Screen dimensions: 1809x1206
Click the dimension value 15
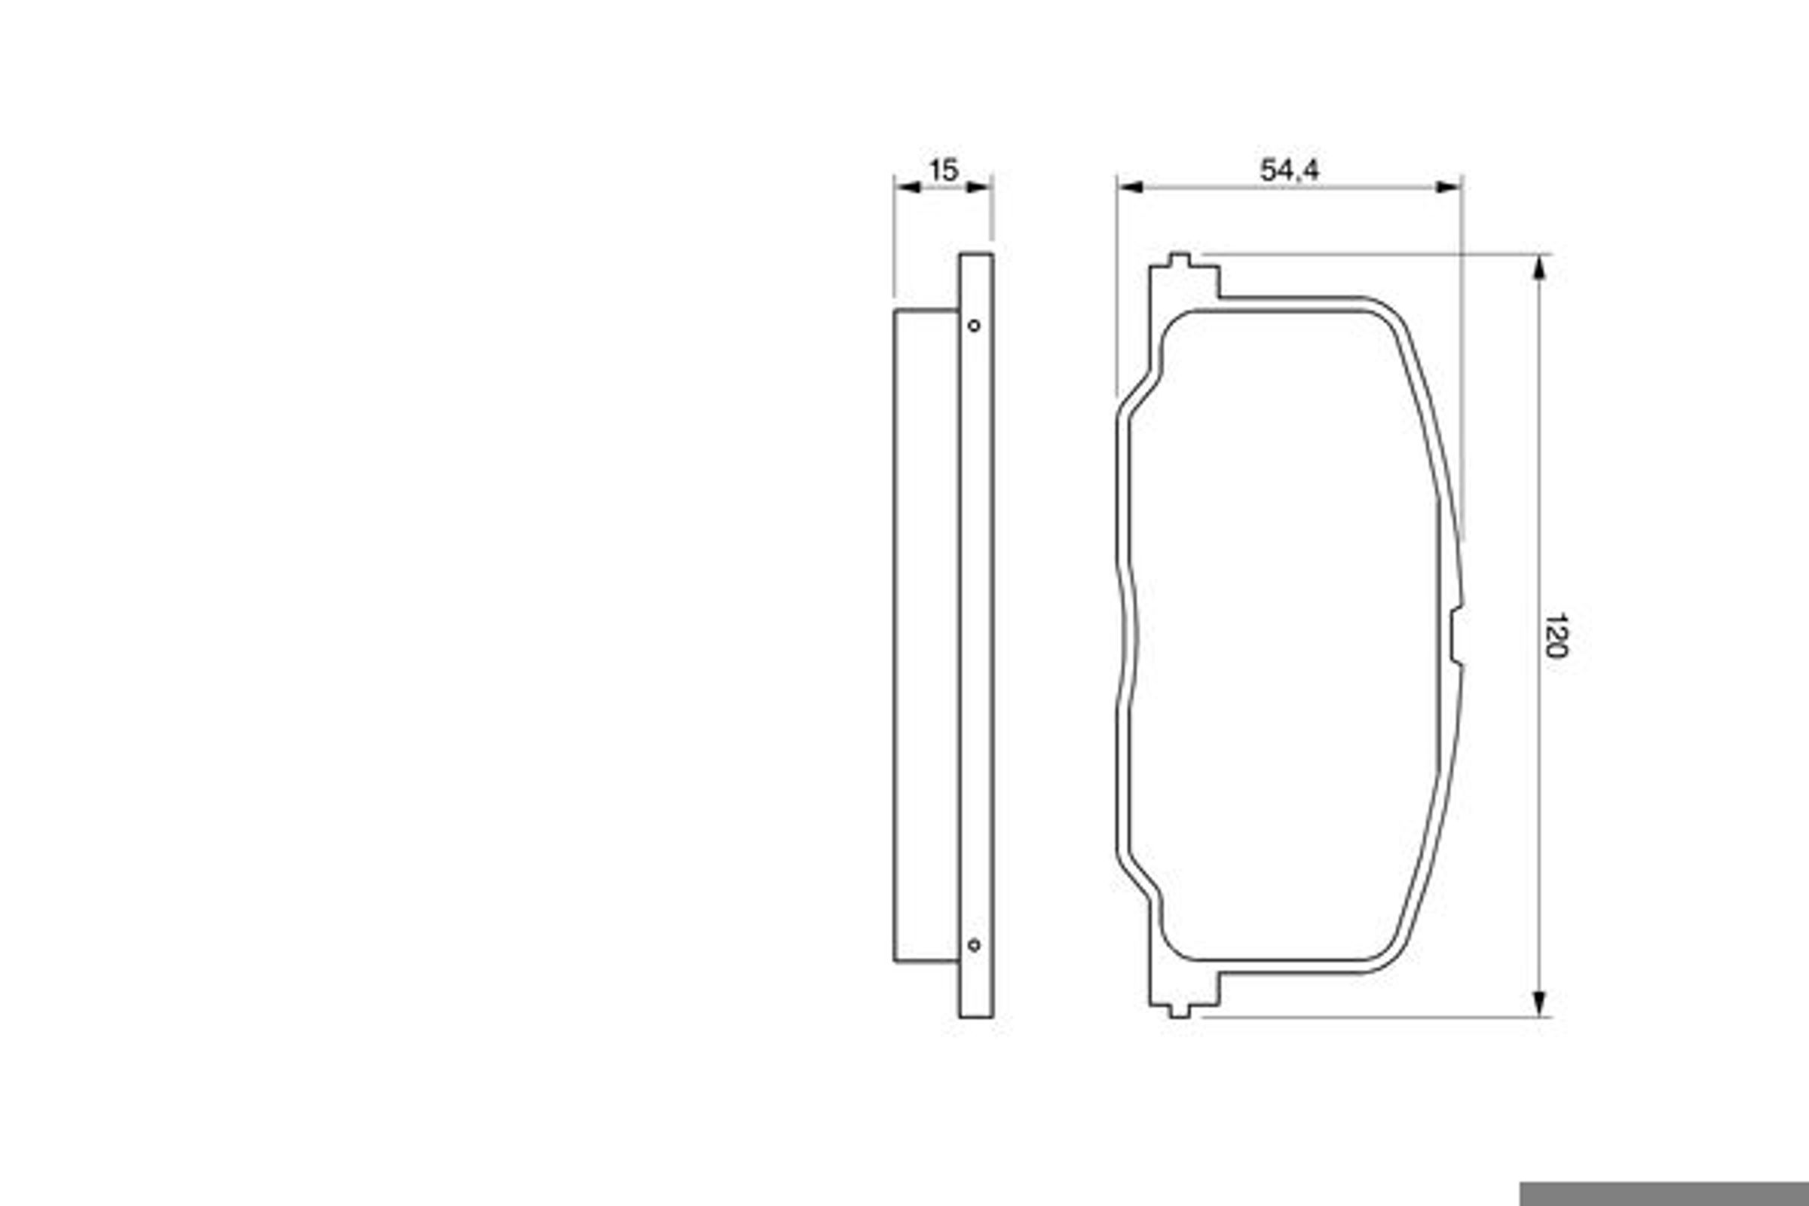point(944,170)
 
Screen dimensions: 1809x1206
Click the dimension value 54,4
point(1289,170)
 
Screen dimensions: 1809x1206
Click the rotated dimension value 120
point(1555,636)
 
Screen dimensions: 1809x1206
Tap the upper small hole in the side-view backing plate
point(974,326)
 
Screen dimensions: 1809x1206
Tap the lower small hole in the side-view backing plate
point(974,944)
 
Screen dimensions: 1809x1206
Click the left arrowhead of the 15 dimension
point(908,187)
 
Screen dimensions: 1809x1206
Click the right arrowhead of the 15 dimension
point(978,187)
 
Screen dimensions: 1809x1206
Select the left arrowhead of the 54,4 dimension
point(1131,187)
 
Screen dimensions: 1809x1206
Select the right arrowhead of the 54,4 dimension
point(1448,187)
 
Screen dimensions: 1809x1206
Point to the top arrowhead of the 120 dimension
point(1539,268)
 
